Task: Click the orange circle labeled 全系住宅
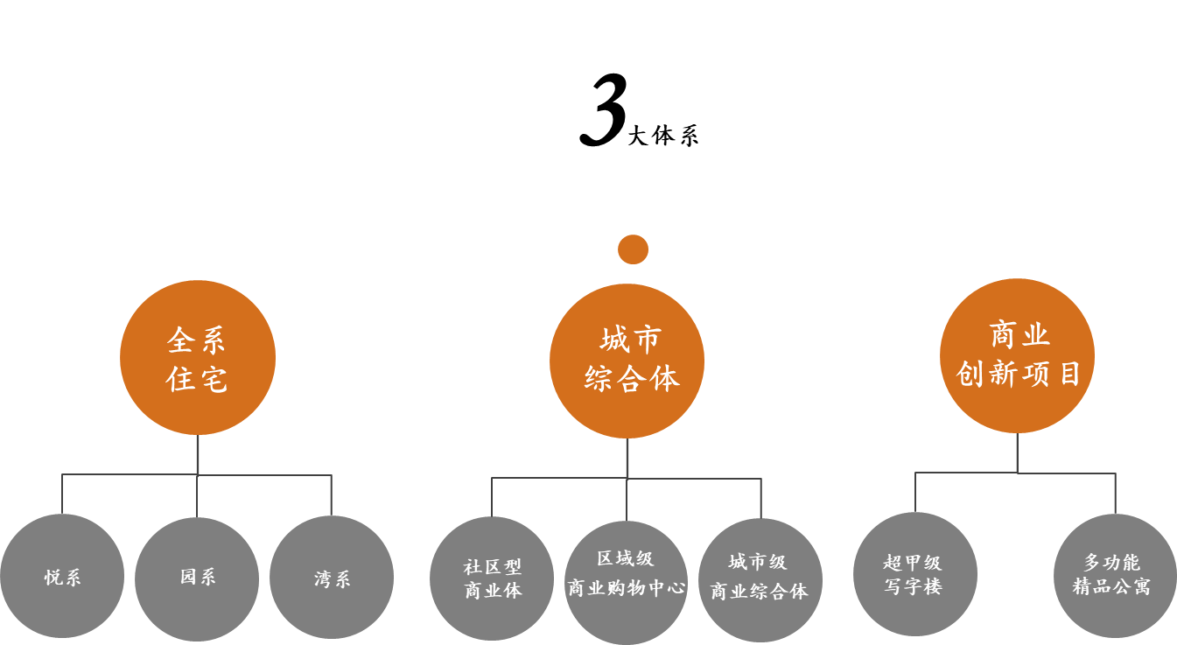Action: tap(198, 357)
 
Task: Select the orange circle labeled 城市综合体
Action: tap(627, 361)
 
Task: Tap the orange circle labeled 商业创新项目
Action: tap(1017, 355)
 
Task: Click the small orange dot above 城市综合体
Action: tap(633, 249)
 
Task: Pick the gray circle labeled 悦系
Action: tap(62, 576)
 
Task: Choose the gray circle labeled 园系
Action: tap(197, 578)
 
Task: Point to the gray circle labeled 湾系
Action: tap(332, 578)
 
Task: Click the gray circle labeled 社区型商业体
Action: tap(492, 578)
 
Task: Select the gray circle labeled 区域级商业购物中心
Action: tap(626, 582)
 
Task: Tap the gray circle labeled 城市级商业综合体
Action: tap(760, 579)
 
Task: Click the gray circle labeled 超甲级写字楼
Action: tap(914, 574)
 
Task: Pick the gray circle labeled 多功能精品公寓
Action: tap(1115, 575)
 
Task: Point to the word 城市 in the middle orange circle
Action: tap(631, 340)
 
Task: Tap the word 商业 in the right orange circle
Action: tap(1019, 335)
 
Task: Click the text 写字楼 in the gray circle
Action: tap(914, 587)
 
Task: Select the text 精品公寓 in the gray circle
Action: tap(1111, 586)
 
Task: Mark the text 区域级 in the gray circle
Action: tap(625, 559)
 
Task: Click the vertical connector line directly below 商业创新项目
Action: tap(1017, 452)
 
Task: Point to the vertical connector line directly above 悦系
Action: tap(62, 494)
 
